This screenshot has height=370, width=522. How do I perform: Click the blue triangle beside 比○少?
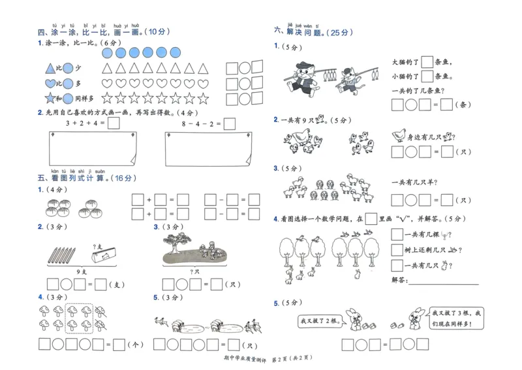(50, 68)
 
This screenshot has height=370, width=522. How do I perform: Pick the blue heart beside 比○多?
(50, 84)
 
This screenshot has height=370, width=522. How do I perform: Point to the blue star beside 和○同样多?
(50, 99)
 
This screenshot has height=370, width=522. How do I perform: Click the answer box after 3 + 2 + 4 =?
(114, 124)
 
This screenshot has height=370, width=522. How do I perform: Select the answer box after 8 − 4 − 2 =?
(229, 124)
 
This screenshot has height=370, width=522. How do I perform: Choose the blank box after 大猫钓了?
(427, 62)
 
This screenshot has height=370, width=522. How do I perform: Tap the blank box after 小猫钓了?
(427, 77)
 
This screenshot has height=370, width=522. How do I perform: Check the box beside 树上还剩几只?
(397, 250)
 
